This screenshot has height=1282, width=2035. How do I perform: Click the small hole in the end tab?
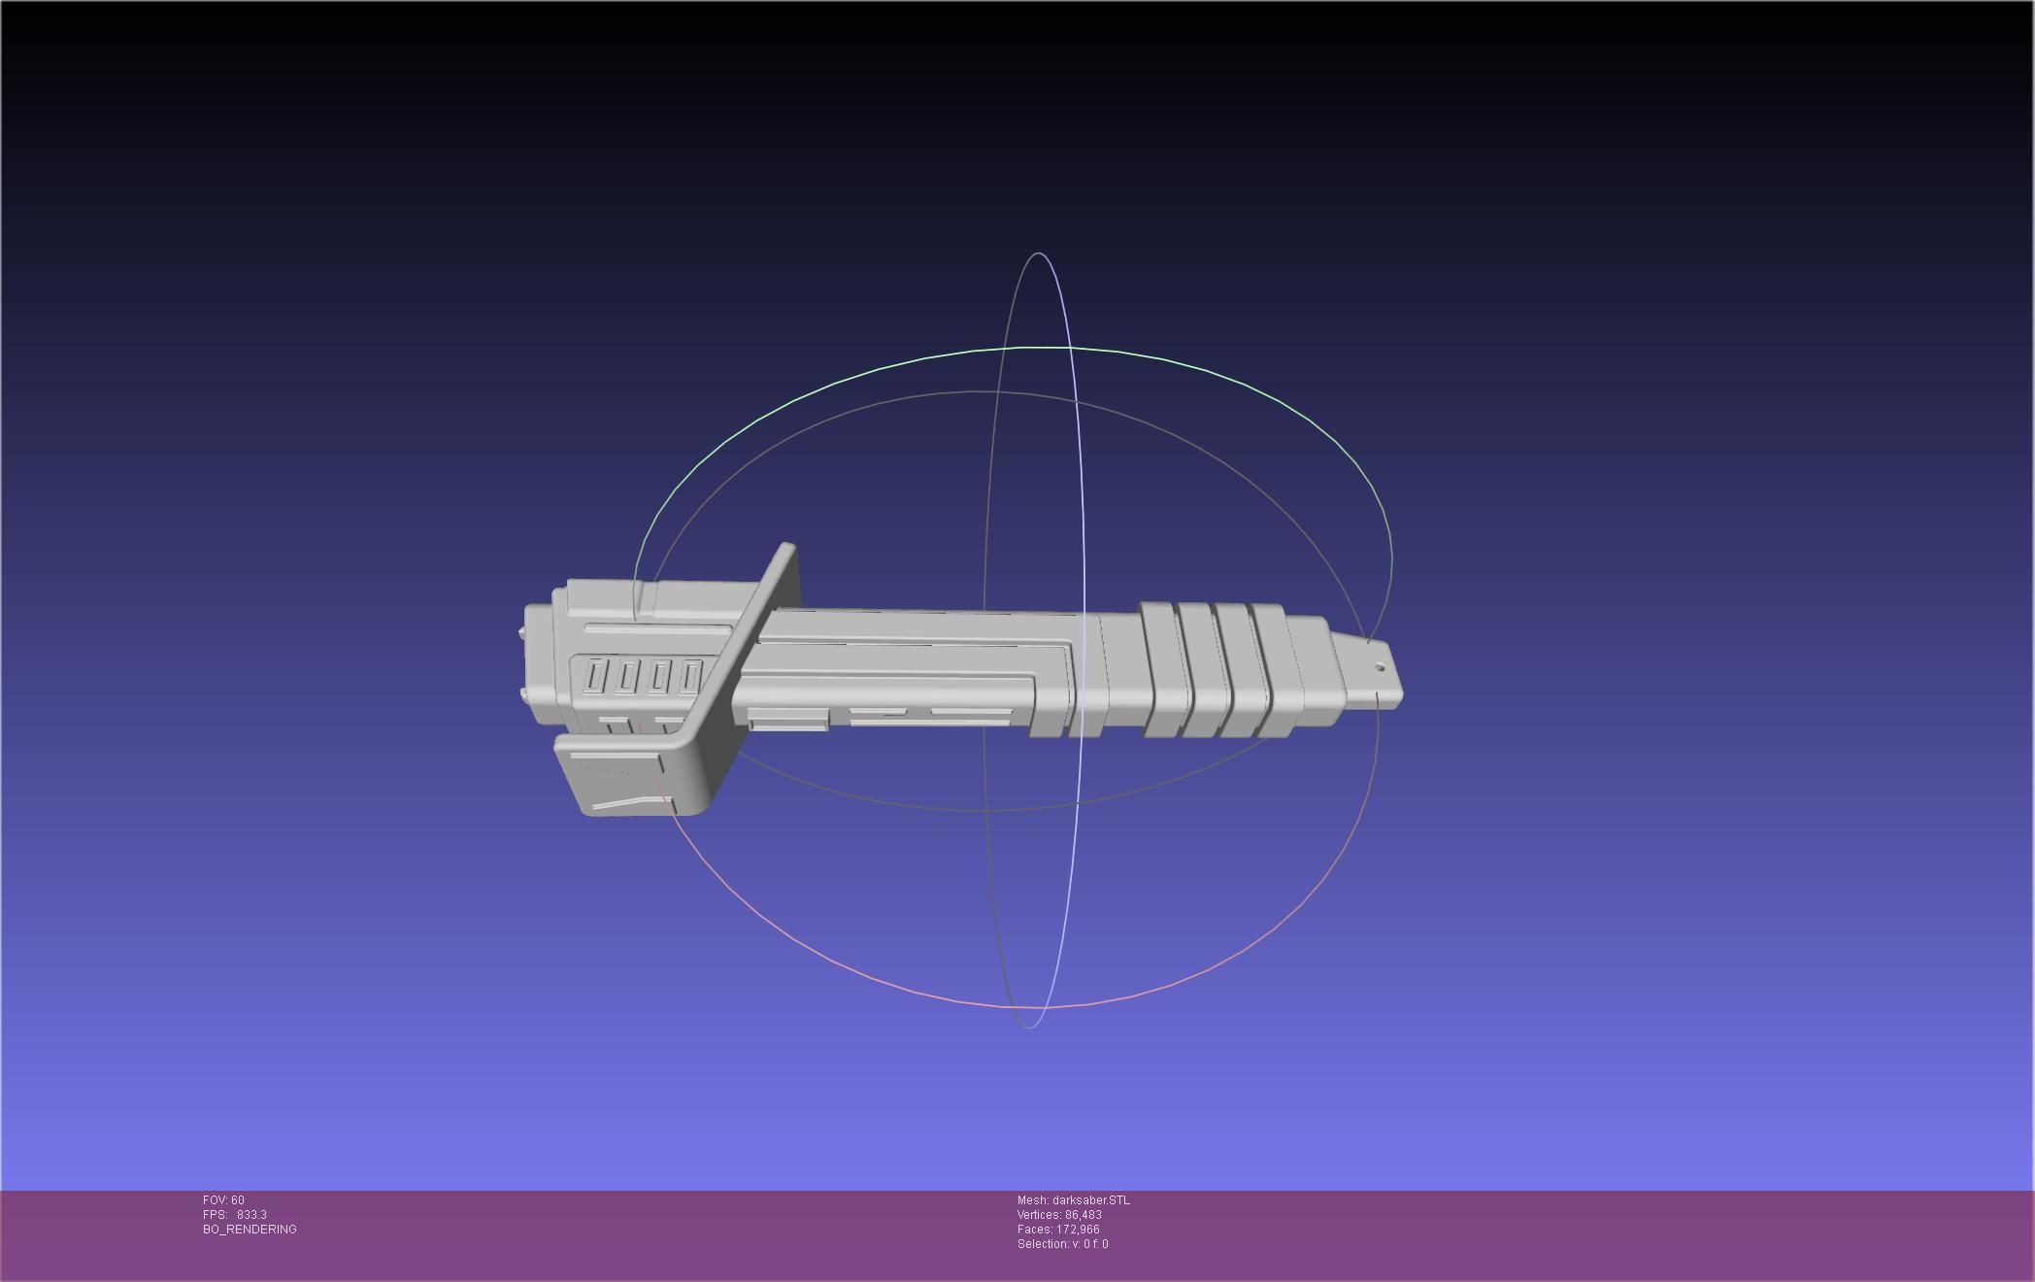click(x=1380, y=667)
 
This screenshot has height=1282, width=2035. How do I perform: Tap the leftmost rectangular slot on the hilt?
click(x=595, y=676)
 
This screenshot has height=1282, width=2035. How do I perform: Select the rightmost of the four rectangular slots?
click(x=690, y=676)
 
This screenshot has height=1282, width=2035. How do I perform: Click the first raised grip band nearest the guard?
click(x=1162, y=670)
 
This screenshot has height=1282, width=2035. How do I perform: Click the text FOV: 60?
click(x=223, y=1200)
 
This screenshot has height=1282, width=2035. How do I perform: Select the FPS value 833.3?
click(x=251, y=1215)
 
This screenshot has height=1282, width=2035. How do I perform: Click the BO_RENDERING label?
click(x=250, y=1230)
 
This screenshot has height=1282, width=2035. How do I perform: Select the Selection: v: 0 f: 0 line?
click(x=1062, y=1244)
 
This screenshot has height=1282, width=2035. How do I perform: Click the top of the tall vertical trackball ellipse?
click(x=1040, y=253)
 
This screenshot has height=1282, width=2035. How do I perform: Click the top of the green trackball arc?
click(x=1029, y=347)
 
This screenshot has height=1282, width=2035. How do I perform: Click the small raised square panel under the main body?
click(x=787, y=720)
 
